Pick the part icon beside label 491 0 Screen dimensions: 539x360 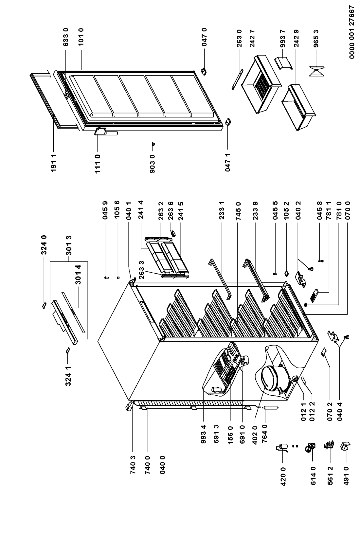(345, 447)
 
